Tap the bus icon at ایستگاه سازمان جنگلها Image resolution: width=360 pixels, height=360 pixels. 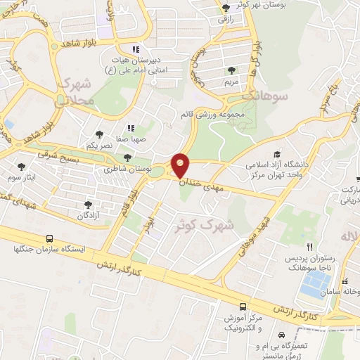click(x=49, y=238)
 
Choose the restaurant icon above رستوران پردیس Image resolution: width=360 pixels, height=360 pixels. click(x=309, y=247)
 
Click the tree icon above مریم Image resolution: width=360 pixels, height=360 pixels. click(x=231, y=69)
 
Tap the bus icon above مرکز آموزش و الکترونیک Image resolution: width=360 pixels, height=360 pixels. click(x=243, y=307)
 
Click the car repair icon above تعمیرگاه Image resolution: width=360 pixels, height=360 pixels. click(x=281, y=335)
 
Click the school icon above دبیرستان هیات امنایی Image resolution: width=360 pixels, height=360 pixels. click(x=136, y=49)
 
